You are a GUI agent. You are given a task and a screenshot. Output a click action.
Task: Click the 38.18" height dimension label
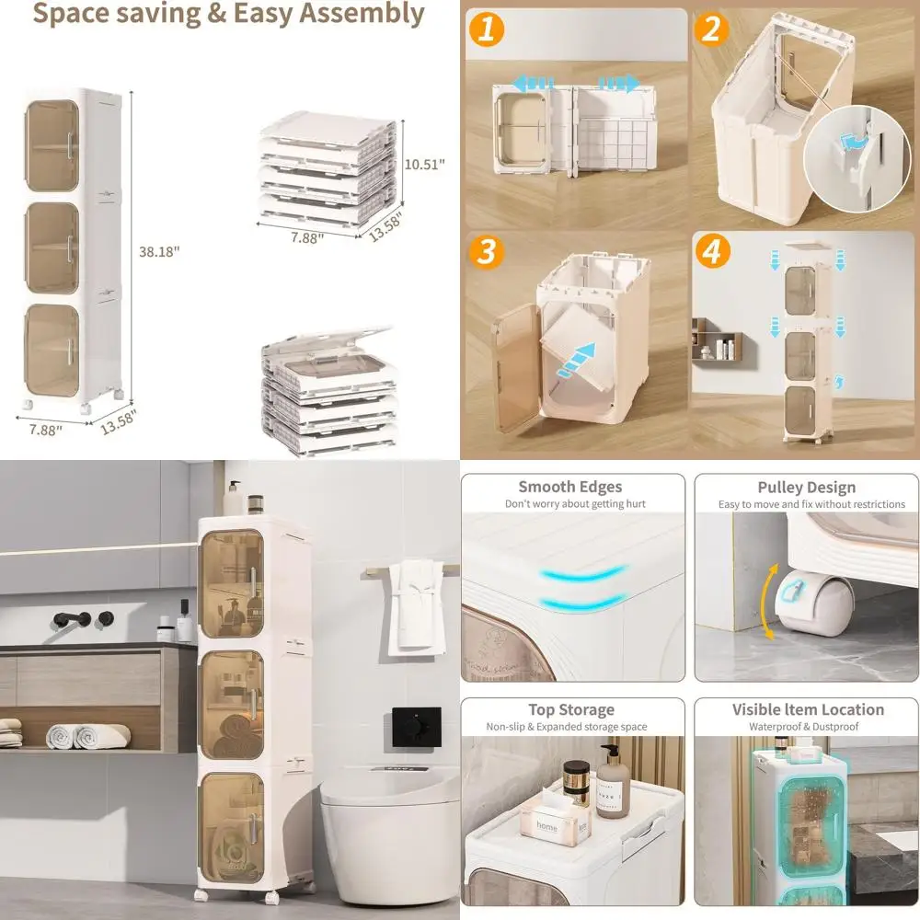pos(159,251)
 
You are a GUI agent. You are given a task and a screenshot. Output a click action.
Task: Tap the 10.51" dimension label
pos(425,164)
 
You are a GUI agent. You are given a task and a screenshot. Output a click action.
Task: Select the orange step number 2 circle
pos(711,29)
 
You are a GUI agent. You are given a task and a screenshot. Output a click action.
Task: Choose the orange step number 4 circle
pos(711,252)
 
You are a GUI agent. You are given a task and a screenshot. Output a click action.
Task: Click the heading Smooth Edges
pos(569,488)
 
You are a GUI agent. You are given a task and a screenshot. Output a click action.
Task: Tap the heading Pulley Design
pos(806,488)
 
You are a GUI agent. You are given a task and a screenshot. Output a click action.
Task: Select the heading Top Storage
pos(570,709)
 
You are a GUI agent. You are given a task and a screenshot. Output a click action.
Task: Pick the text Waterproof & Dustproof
pos(807,727)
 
